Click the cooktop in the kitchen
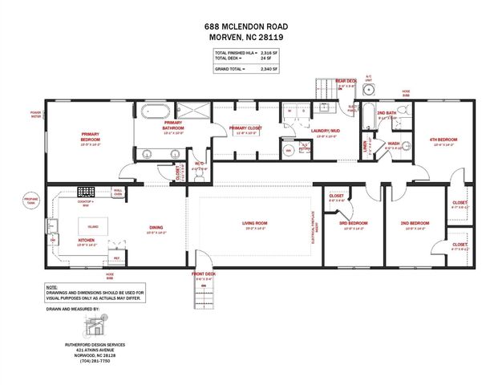(86, 192)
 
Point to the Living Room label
(254, 224)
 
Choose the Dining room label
(156, 228)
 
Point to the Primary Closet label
(245, 128)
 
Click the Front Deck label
(204, 274)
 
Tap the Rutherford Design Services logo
(95, 326)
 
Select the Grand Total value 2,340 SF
(269, 70)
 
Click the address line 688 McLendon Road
(249, 26)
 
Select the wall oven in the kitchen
(117, 192)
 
